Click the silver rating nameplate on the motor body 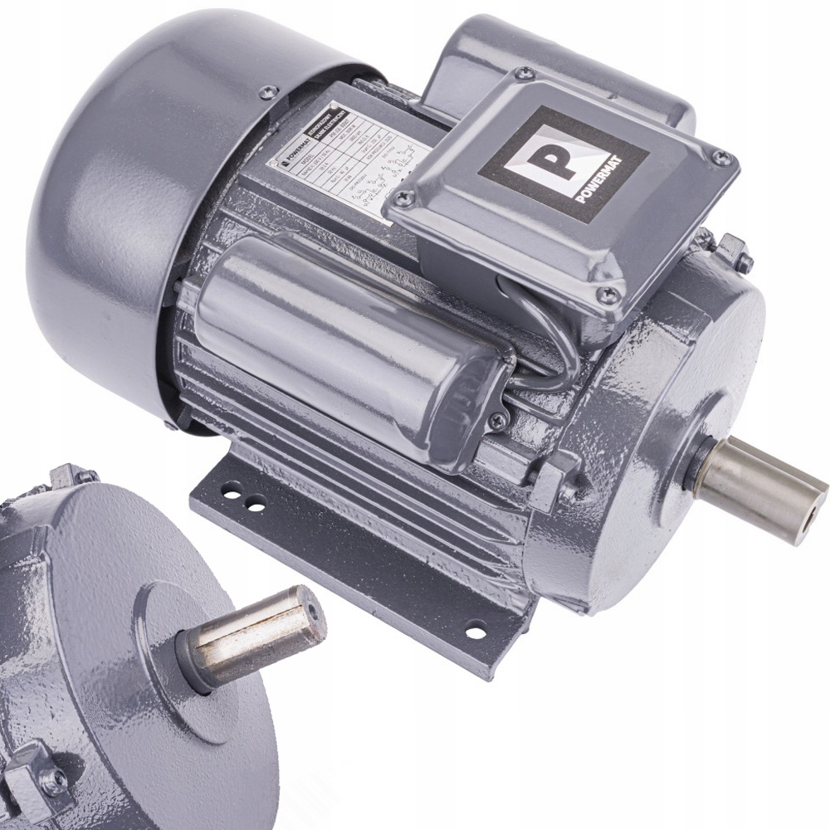(349, 162)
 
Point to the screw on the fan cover (266, 93)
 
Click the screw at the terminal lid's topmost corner (523, 74)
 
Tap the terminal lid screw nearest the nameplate (405, 198)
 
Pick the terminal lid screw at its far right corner (721, 159)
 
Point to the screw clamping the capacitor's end (497, 422)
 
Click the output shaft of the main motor (759, 489)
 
